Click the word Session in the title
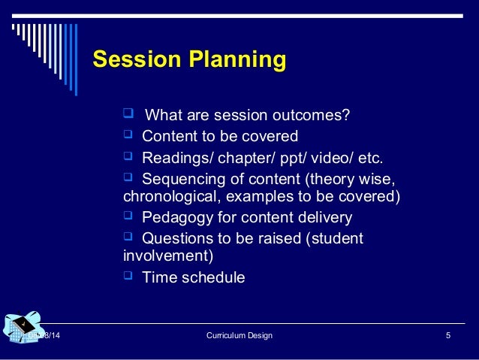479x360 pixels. click(x=133, y=60)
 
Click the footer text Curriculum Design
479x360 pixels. click(x=239, y=335)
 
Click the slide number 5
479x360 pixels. click(x=447, y=335)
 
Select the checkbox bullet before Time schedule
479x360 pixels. click(x=127, y=277)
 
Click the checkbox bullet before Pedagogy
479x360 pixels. click(x=127, y=218)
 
